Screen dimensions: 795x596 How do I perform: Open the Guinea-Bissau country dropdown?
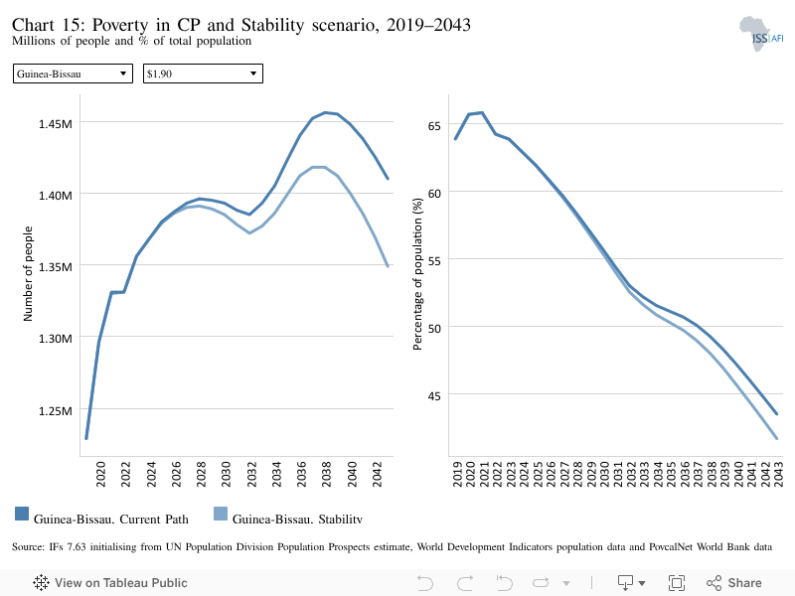[73, 74]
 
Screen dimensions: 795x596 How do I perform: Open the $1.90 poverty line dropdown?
[203, 74]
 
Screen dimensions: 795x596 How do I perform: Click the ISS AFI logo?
[761, 34]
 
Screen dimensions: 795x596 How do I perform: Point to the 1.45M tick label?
[56, 123]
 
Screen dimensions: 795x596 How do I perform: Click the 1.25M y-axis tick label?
[56, 410]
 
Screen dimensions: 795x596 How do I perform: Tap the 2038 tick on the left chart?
[327, 474]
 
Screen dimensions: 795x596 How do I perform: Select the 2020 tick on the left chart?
[101, 474]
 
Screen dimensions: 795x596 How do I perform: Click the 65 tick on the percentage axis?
[434, 126]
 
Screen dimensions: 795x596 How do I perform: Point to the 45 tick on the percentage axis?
[434, 395]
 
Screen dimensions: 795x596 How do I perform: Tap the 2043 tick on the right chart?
[778, 474]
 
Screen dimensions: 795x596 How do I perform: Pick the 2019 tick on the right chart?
[457, 474]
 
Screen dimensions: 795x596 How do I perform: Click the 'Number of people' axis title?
[28, 274]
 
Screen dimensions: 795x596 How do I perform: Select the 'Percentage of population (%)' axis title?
[417, 274]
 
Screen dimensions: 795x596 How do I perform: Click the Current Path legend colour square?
[22, 514]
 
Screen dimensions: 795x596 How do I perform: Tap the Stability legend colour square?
[221, 514]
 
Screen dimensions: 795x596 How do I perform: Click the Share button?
[734, 583]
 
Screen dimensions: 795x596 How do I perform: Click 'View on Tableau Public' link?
[110, 583]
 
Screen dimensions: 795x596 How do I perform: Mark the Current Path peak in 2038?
[325, 112]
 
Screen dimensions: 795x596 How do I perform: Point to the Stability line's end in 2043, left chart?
[388, 266]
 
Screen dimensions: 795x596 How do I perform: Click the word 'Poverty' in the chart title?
[120, 24]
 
